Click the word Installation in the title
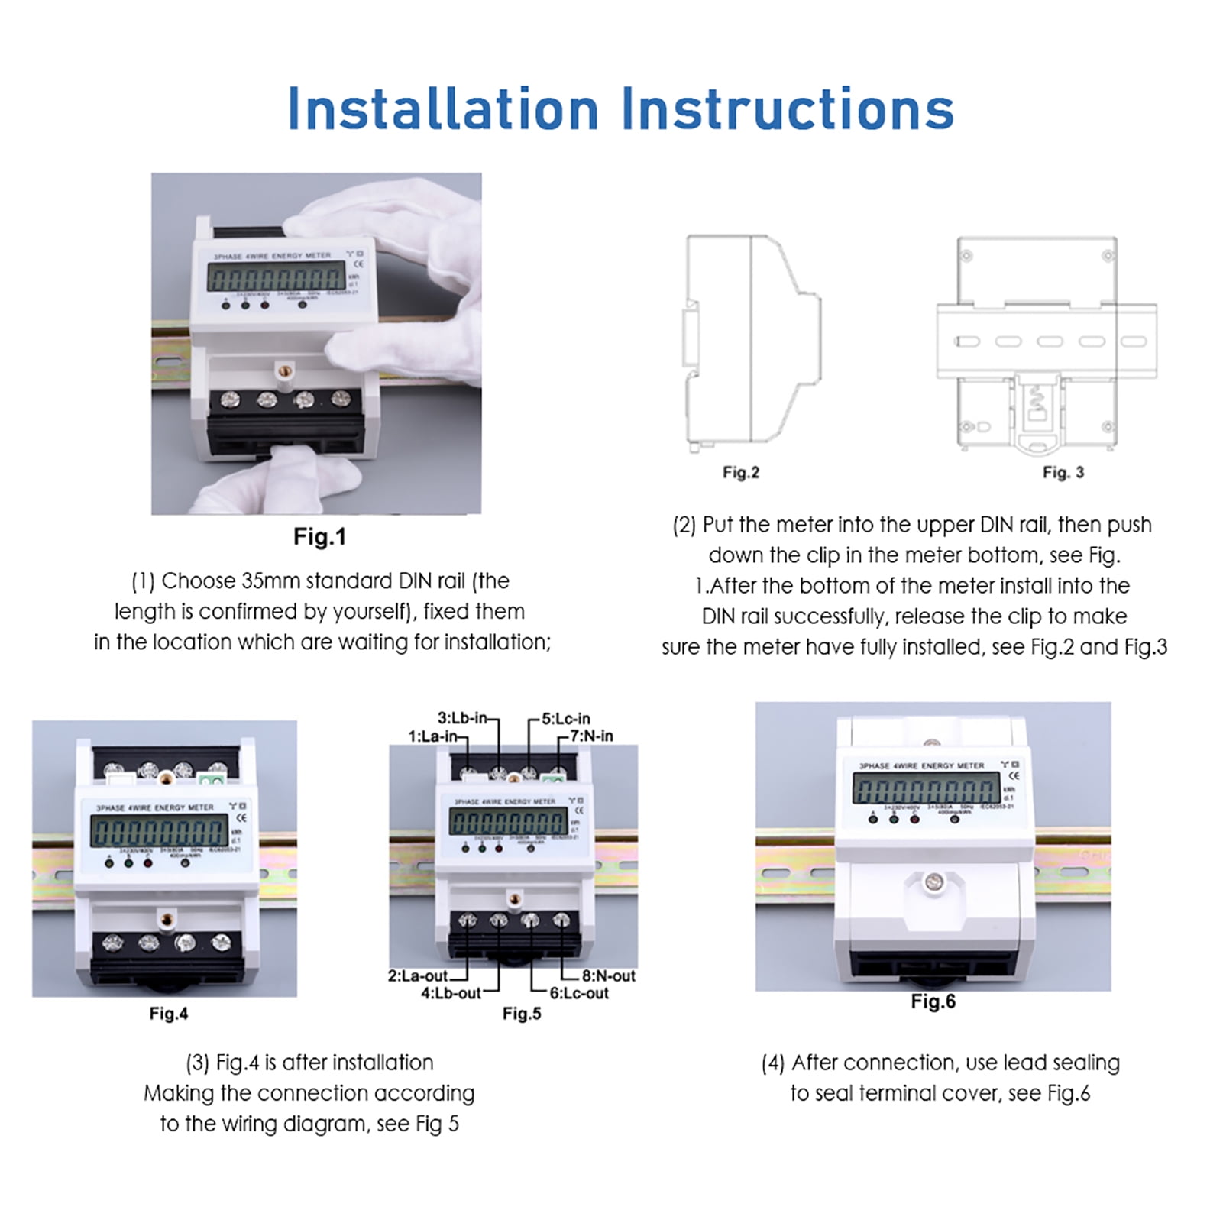pyautogui.click(x=442, y=108)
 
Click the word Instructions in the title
pyautogui.click(x=788, y=108)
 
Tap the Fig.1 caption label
pyautogui.click(x=319, y=537)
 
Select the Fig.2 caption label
pyautogui.click(x=740, y=472)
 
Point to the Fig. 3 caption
pyautogui.click(x=1063, y=472)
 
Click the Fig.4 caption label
pyautogui.click(x=168, y=1014)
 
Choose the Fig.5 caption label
pyautogui.click(x=522, y=1014)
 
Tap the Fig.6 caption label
pyautogui.click(x=933, y=1001)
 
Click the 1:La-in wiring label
pyautogui.click(x=432, y=736)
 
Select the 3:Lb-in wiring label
pyautogui.click(x=461, y=718)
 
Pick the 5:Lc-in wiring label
pyautogui.click(x=566, y=719)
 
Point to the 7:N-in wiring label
pyautogui.click(x=591, y=736)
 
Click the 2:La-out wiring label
pyautogui.click(x=418, y=975)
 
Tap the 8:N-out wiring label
pyautogui.click(x=608, y=975)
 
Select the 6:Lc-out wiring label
pyautogui.click(x=579, y=994)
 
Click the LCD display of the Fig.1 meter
pyautogui.click(x=277, y=277)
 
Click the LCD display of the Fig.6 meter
pyautogui.click(x=926, y=788)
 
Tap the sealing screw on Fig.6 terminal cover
pyautogui.click(x=932, y=883)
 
